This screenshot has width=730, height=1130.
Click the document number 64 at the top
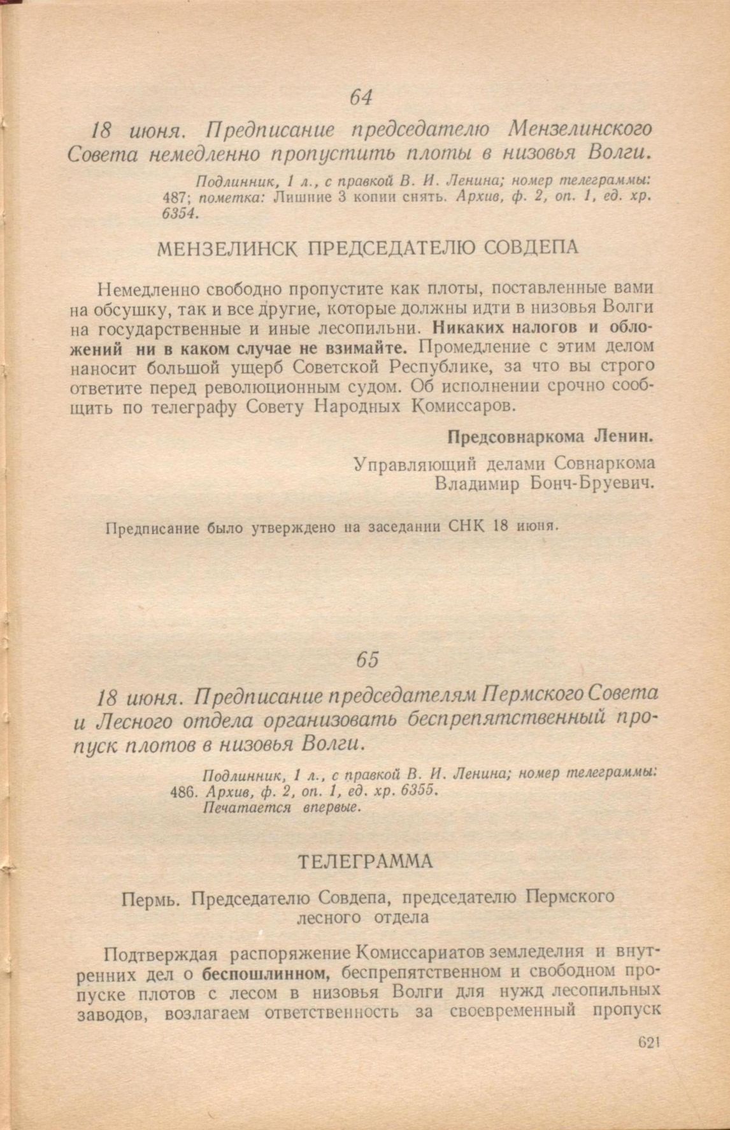361,97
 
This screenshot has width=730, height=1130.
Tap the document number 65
368,660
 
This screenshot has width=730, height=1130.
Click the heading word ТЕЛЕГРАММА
366,862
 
